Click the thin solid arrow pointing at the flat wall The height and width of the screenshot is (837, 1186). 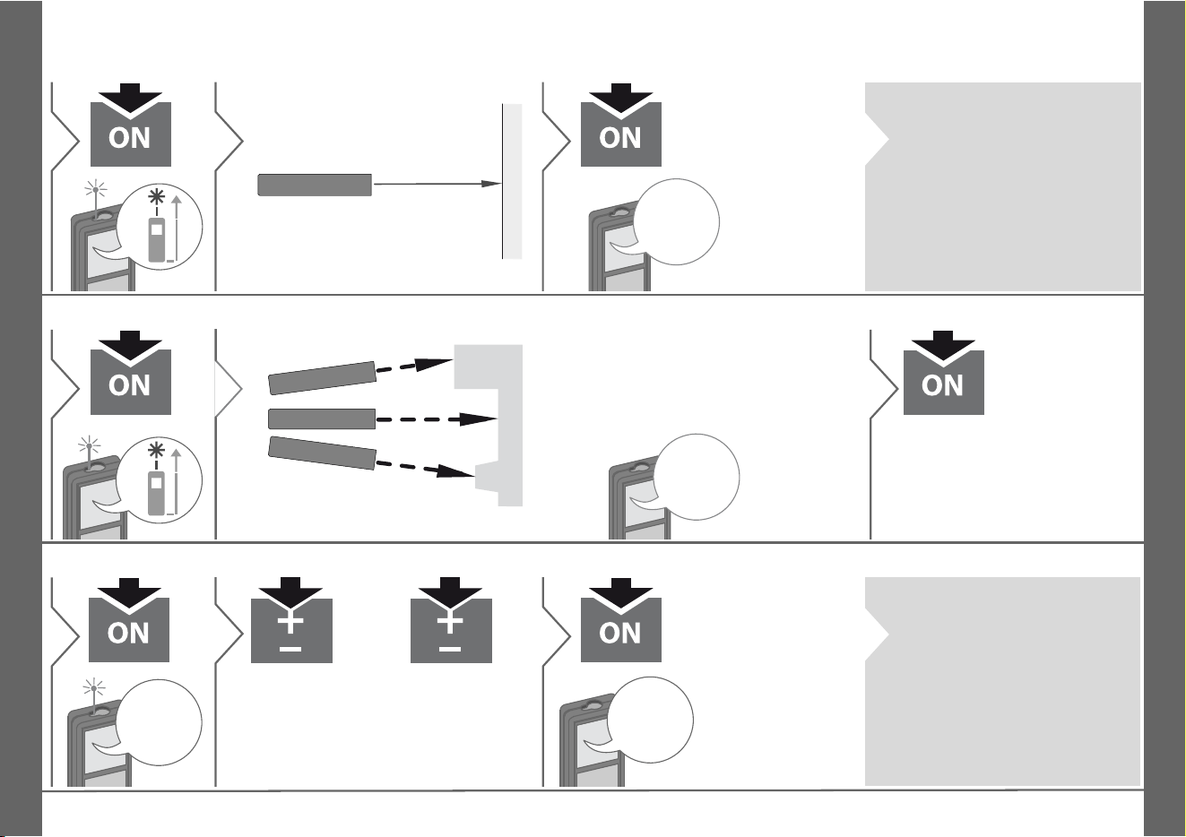437,184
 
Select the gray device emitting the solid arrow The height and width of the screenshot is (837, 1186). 315,185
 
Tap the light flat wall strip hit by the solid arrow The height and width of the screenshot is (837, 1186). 512,182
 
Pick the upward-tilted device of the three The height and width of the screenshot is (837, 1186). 322,378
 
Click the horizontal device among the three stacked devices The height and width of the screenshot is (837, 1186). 322,418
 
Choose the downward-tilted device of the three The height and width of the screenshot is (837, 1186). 322,453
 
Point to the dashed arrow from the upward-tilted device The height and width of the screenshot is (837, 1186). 414,366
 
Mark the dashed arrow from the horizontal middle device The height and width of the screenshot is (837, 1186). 437,419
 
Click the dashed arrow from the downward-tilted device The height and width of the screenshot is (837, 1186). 425,469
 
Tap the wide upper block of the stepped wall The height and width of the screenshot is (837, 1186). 489,367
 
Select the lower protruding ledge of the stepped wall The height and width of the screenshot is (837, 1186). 487,477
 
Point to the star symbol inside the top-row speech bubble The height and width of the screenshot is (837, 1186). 156,197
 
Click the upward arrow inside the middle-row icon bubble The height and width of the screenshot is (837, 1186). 177,481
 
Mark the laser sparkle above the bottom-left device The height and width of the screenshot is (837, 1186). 94,689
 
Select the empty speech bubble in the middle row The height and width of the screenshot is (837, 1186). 697,477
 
